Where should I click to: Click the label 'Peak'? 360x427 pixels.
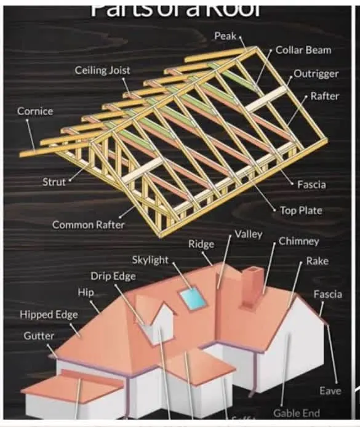(225, 36)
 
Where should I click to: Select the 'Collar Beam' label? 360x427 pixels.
(303, 50)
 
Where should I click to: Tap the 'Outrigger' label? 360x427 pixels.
(316, 73)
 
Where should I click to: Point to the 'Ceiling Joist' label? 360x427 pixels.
(103, 70)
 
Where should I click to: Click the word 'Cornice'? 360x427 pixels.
(35, 111)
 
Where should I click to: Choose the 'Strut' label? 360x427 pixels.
(54, 182)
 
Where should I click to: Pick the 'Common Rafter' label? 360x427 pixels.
(88, 225)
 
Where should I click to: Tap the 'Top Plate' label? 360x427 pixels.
(301, 210)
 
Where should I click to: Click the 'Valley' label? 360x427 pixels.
(249, 234)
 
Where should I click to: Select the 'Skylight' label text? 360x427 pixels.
(150, 260)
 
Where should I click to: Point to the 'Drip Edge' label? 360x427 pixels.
(113, 276)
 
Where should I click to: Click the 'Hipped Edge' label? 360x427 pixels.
(49, 314)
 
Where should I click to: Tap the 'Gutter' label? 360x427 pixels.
(39, 336)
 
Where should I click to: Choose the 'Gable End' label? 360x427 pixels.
(297, 413)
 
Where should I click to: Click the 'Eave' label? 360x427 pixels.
(330, 391)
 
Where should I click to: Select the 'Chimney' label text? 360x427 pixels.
(299, 241)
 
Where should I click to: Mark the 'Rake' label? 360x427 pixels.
(318, 261)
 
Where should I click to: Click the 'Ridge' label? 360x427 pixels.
(201, 244)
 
